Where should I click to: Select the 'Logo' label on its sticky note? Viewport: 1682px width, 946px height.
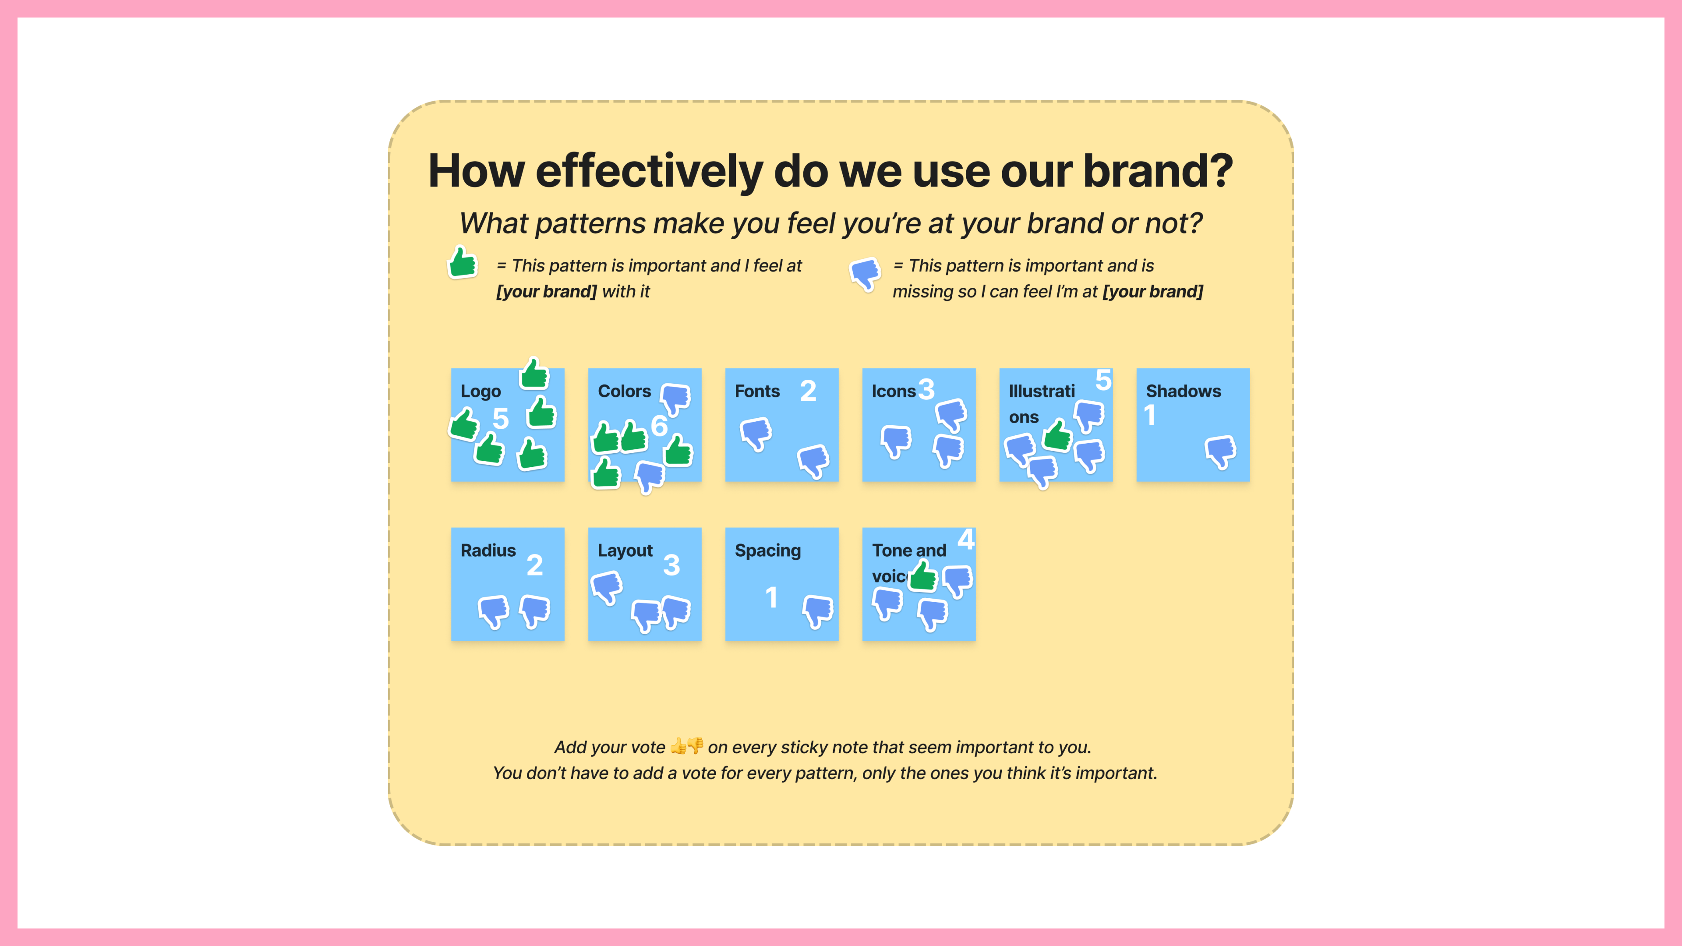(x=481, y=392)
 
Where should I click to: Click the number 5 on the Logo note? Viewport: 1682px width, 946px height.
(x=501, y=419)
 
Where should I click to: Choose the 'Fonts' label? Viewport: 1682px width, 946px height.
(x=757, y=391)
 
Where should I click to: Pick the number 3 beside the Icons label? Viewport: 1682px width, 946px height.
(x=926, y=388)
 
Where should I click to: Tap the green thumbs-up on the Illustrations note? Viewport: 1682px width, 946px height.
(x=1057, y=435)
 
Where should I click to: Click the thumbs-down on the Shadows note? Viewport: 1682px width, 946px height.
(x=1220, y=452)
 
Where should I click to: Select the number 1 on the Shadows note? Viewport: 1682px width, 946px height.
(x=1150, y=415)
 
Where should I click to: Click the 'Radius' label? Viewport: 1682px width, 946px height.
(x=488, y=551)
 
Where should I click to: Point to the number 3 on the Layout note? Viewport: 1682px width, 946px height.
(x=672, y=565)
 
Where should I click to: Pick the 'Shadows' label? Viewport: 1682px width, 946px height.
(x=1183, y=391)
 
